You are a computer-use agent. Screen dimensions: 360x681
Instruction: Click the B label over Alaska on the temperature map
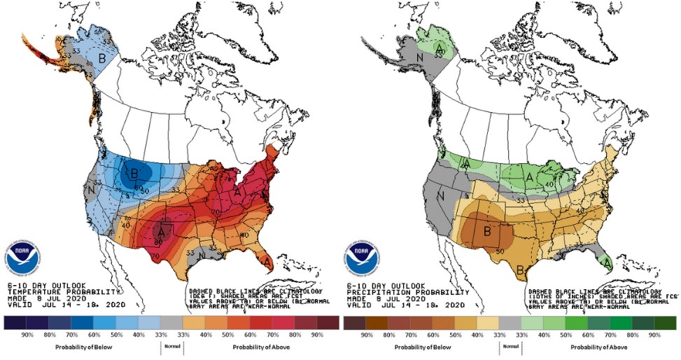pyautogui.click(x=101, y=59)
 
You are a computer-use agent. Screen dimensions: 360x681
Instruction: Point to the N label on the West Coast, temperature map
pyautogui.click(x=91, y=188)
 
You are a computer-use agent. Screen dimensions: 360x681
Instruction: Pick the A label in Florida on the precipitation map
pyautogui.click(x=607, y=262)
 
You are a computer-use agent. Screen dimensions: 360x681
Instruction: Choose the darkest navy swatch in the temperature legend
pyautogui.click(x=14, y=322)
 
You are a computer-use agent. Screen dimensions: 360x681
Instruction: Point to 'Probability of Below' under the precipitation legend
pyautogui.click(x=422, y=347)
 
